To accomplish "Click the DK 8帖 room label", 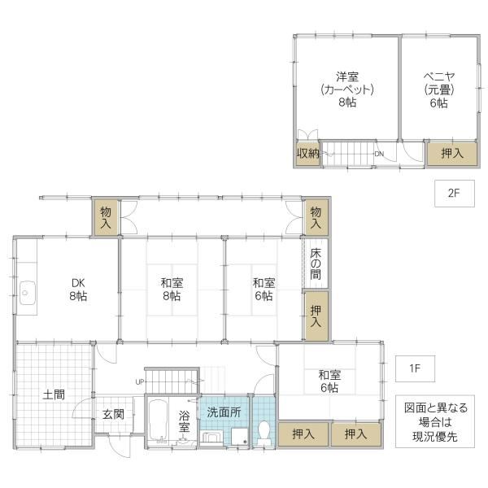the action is [x=78, y=290].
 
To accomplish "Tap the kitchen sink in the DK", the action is [x=28, y=293].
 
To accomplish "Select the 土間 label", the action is [x=54, y=394].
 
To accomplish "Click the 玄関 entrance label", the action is [x=113, y=414].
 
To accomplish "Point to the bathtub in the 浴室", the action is [x=158, y=420].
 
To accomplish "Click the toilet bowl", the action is [x=264, y=434].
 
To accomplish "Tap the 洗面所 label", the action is [x=224, y=412].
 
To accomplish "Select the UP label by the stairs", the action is [x=140, y=382].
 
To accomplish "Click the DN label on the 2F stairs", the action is [x=379, y=154].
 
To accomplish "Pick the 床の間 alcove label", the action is [x=316, y=264].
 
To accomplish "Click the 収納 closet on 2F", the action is [x=307, y=154].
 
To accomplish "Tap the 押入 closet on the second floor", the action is [x=452, y=153].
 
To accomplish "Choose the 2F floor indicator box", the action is [x=455, y=194].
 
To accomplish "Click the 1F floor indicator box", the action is [x=415, y=368].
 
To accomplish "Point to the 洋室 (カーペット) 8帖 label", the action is [x=347, y=89].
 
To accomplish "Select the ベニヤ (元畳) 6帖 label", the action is [x=439, y=89].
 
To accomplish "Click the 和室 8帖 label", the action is [x=172, y=290].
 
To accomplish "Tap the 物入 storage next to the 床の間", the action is [x=316, y=217].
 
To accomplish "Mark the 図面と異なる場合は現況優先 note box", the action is [x=435, y=421].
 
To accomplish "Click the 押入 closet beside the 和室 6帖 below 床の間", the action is [x=316, y=316].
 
